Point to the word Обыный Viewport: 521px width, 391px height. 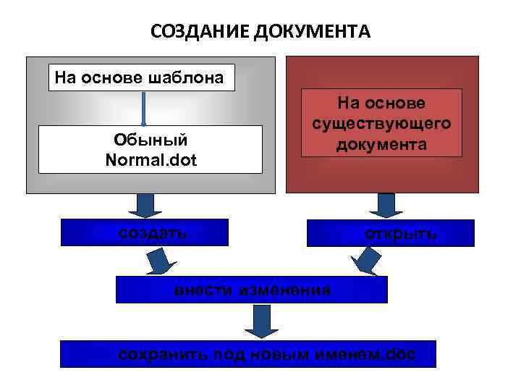tap(151, 138)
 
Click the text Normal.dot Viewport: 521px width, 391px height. tap(151, 157)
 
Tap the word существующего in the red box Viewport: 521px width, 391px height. tap(381, 124)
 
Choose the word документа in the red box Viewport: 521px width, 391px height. tap(381, 144)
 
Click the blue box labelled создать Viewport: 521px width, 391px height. tap(145, 232)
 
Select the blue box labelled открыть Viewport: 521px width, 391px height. tap(391, 233)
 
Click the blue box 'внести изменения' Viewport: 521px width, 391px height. tap(252, 290)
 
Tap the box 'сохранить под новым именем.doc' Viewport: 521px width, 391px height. tap(247, 354)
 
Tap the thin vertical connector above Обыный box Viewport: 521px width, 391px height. tap(144, 108)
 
